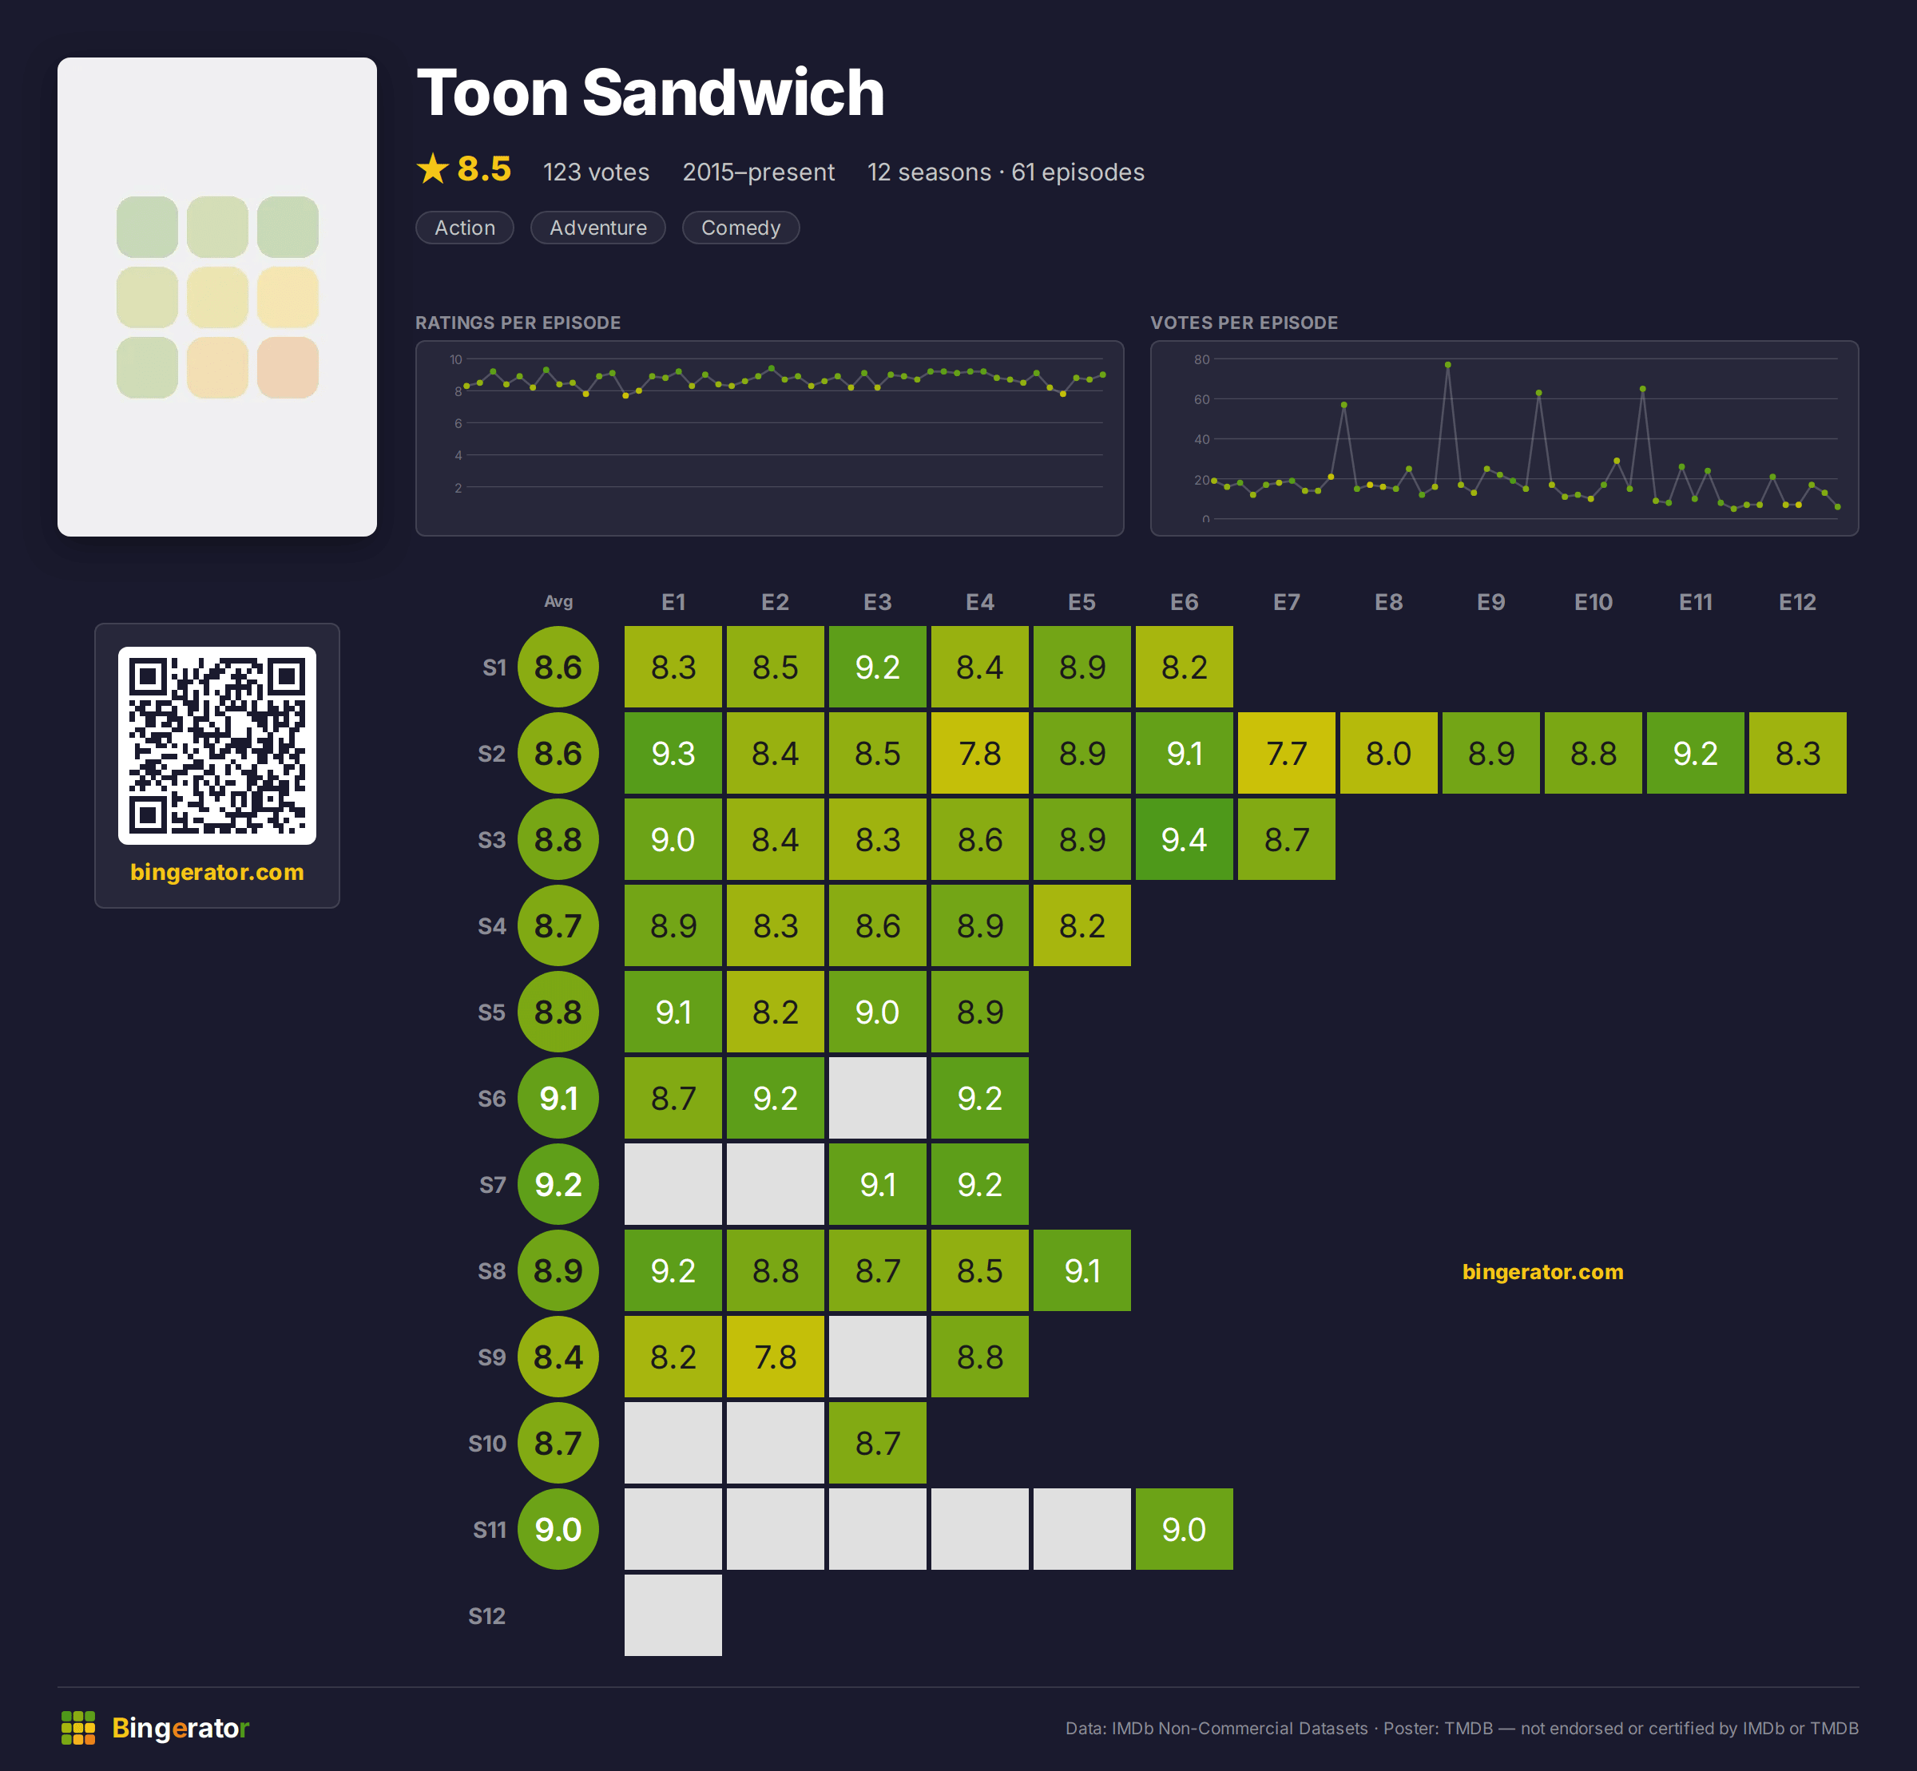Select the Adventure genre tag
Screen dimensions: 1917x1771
click(x=598, y=228)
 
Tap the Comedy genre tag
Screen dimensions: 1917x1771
click(x=741, y=228)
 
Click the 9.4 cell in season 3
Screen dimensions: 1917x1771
click(x=1184, y=839)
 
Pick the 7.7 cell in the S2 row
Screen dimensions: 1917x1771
click(x=1286, y=753)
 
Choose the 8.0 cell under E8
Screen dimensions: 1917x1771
click(x=1389, y=753)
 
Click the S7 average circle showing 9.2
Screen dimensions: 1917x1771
click(x=558, y=1184)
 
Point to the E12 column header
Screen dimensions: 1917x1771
click(x=1797, y=602)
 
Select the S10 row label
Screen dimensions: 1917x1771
click(x=487, y=1444)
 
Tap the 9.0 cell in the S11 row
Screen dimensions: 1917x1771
click(x=1184, y=1530)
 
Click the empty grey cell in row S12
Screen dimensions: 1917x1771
click(x=673, y=1616)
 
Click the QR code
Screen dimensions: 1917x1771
click(x=216, y=746)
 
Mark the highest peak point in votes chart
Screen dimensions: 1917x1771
click(x=1447, y=365)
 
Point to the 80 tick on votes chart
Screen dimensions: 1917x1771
click(x=1202, y=359)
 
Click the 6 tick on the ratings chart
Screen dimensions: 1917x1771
click(x=458, y=423)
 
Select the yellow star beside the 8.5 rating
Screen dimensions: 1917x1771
click(x=433, y=168)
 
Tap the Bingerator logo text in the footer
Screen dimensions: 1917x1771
click(x=181, y=1728)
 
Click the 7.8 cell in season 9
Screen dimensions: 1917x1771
click(x=776, y=1357)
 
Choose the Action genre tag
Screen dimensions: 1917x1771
click(x=465, y=228)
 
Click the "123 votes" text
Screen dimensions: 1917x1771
click(x=596, y=172)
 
